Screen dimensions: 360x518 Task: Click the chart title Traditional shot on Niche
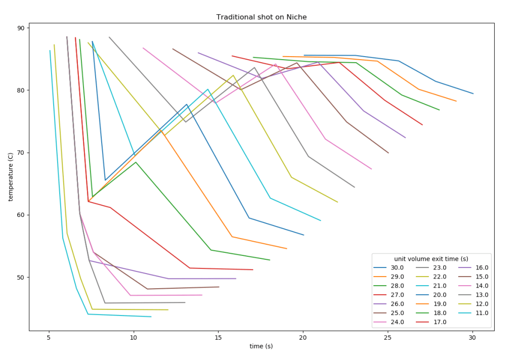[261, 17]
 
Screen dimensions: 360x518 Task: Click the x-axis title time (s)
[261, 346]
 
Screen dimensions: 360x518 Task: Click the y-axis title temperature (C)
[11, 176]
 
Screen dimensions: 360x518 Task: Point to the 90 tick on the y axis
[21, 28]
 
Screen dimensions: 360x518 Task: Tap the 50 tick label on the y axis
[21, 277]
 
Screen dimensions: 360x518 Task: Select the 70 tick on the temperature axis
[21, 153]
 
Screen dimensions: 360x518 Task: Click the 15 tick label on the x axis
[218, 337]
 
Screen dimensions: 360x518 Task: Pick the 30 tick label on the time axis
[472, 337]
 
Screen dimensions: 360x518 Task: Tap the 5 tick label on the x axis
[49, 337]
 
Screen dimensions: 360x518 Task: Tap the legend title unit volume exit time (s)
[431, 258]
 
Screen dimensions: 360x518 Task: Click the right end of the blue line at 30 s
[473, 94]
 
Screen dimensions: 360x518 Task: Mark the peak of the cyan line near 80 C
[208, 89]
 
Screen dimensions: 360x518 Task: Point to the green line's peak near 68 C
[136, 162]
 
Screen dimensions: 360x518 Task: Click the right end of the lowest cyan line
[151, 317]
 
